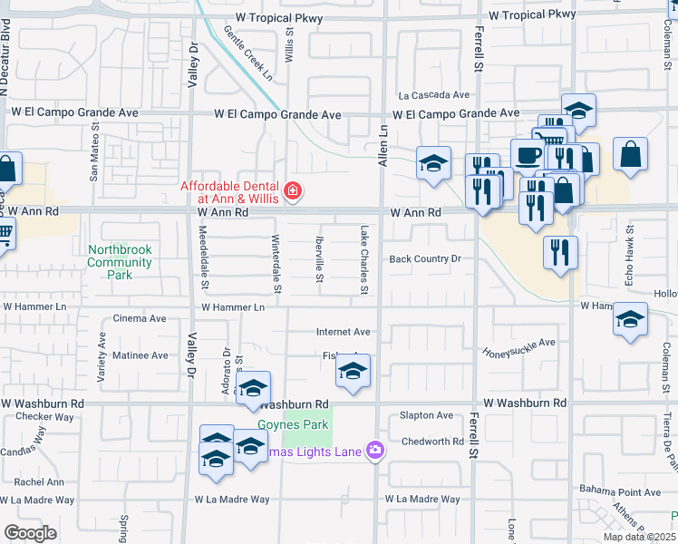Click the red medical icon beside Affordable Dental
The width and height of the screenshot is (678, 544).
pos(293,190)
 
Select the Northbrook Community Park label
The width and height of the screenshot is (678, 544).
pos(120,261)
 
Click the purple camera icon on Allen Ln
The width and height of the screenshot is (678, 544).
pos(374,451)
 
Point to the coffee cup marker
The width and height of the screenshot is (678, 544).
pos(528,155)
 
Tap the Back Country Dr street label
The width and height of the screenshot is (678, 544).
pos(425,259)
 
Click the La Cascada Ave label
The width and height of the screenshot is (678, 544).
pos(434,94)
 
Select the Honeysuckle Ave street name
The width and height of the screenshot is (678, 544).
pos(518,347)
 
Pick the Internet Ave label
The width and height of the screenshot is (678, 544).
pos(343,332)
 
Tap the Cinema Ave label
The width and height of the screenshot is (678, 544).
pos(140,318)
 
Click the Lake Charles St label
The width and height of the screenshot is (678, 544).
pos(364,260)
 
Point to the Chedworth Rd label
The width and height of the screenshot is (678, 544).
pos(432,442)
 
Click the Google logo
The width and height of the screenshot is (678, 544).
pos(30,532)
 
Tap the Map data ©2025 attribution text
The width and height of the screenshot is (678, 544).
pos(638,537)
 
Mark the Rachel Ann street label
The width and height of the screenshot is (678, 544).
pos(39,482)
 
